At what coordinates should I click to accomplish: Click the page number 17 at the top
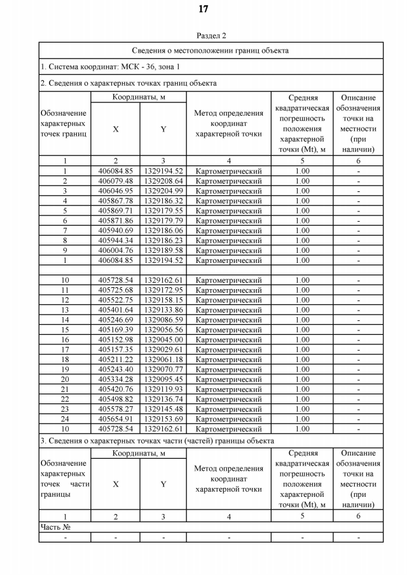coord(203,9)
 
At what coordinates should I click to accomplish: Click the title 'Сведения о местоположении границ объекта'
coord(210,50)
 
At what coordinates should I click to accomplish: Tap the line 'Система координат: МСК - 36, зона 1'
coord(110,67)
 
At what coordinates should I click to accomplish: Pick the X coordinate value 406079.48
coord(115,181)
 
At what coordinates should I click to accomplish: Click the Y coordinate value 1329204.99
coord(163,191)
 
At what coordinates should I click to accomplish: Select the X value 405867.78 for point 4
coord(115,201)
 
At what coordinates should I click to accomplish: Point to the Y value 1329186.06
coord(163,231)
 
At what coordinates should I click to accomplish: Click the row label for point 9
coord(65,250)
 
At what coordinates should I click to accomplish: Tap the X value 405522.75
coord(115,300)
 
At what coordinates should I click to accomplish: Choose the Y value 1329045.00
coord(163,339)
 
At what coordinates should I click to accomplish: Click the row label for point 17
coord(65,349)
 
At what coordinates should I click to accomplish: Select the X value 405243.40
coord(115,369)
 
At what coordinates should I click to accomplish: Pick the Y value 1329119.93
coord(163,389)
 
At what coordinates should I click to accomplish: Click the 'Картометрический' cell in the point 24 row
coord(228,419)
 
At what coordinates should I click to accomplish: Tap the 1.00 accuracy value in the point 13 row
coord(302,309)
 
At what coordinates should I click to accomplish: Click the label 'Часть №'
coord(55,527)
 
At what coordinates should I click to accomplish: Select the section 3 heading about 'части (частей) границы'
coord(157,440)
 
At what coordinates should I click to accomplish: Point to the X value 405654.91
coord(115,419)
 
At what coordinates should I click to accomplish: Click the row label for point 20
coord(65,379)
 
